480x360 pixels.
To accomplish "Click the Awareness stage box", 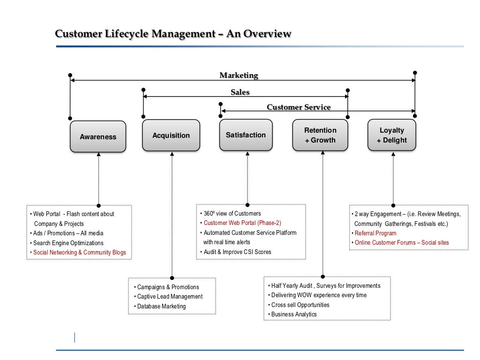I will [98, 137].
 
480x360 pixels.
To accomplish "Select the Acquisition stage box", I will [171, 135].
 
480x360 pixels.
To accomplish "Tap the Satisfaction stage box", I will [246, 135].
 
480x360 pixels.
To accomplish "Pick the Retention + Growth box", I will [320, 135].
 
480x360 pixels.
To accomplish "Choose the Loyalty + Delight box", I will [392, 135].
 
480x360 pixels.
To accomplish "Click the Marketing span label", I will [239, 75].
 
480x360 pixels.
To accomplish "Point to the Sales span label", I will [240, 92].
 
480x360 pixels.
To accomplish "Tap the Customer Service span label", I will [299, 107].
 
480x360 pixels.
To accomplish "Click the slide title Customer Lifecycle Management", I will [173, 34].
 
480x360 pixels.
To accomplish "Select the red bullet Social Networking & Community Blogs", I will [79, 253].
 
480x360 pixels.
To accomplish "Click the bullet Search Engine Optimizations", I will [68, 243].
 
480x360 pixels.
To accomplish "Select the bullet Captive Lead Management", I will [170, 297].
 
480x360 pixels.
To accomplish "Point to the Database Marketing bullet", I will [161, 307].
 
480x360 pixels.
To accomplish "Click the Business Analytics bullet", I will [294, 315].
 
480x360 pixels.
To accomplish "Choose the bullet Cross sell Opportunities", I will [300, 305].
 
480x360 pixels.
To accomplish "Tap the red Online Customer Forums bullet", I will [401, 243].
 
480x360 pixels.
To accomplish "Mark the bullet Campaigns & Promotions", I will [168, 287].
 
